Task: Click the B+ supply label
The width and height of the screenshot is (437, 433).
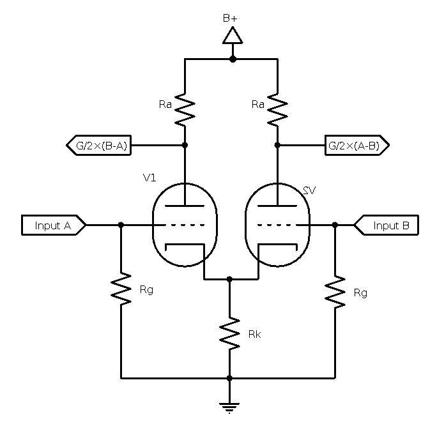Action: pos(230,19)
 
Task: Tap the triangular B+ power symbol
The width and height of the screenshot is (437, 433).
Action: pos(233,36)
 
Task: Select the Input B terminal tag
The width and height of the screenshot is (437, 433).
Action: pos(387,225)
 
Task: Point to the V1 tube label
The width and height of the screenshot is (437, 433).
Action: pos(149,178)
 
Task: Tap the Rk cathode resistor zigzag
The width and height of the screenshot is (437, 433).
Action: pos(230,333)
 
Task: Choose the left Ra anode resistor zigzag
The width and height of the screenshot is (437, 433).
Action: pos(185,109)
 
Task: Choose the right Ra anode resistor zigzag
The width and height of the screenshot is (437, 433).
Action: pos(277,109)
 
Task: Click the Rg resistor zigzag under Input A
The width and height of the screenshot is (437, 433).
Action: pos(121,289)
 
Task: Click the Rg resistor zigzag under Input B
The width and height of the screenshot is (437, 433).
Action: pos(335,292)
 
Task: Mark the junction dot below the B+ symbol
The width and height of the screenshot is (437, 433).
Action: pos(233,59)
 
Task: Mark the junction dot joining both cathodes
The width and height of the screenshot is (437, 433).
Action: pos(230,280)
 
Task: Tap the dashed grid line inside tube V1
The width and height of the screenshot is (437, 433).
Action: pos(185,225)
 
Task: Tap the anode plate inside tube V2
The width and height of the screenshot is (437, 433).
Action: pos(277,206)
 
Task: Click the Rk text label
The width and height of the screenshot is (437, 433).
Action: pos(254,333)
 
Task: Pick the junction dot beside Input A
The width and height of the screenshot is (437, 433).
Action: pos(121,225)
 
